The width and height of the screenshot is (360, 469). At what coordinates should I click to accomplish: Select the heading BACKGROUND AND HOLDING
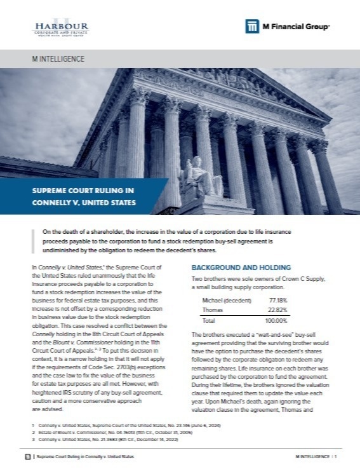[241, 268]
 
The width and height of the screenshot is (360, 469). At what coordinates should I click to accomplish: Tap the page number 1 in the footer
[336, 457]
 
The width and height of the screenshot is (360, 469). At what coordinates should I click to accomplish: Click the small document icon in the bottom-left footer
[26, 457]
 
